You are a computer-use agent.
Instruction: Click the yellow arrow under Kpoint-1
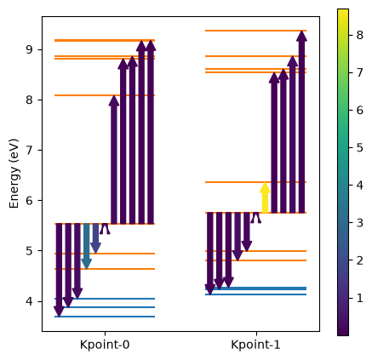tap(265, 197)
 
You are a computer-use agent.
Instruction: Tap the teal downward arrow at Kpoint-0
tap(86, 246)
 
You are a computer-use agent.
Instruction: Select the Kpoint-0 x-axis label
tap(105, 345)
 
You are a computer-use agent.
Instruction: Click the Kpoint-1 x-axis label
tap(255, 345)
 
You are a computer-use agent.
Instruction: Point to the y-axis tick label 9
tap(30, 50)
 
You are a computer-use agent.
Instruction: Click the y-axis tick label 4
tap(30, 301)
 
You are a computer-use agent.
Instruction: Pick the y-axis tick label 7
tap(30, 151)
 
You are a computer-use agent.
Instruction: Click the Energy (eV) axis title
tap(14, 174)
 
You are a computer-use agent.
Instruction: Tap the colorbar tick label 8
tap(359, 35)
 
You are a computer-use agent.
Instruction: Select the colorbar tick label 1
tap(359, 298)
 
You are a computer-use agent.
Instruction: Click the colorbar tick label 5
tap(359, 148)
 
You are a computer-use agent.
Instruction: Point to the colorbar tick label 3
tap(359, 223)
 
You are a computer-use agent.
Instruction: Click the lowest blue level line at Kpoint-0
tap(105, 317)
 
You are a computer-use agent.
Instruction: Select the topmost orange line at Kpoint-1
tap(255, 31)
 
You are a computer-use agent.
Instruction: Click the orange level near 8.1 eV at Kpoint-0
tap(105, 95)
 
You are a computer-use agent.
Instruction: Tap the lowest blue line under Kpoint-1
tap(255, 294)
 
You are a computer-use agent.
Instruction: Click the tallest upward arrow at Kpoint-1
tap(302, 122)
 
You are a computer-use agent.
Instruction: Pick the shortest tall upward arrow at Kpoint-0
tap(114, 160)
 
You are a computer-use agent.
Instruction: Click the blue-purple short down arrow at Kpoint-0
tap(95, 238)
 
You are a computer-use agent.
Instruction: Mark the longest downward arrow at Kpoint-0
tap(59, 270)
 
